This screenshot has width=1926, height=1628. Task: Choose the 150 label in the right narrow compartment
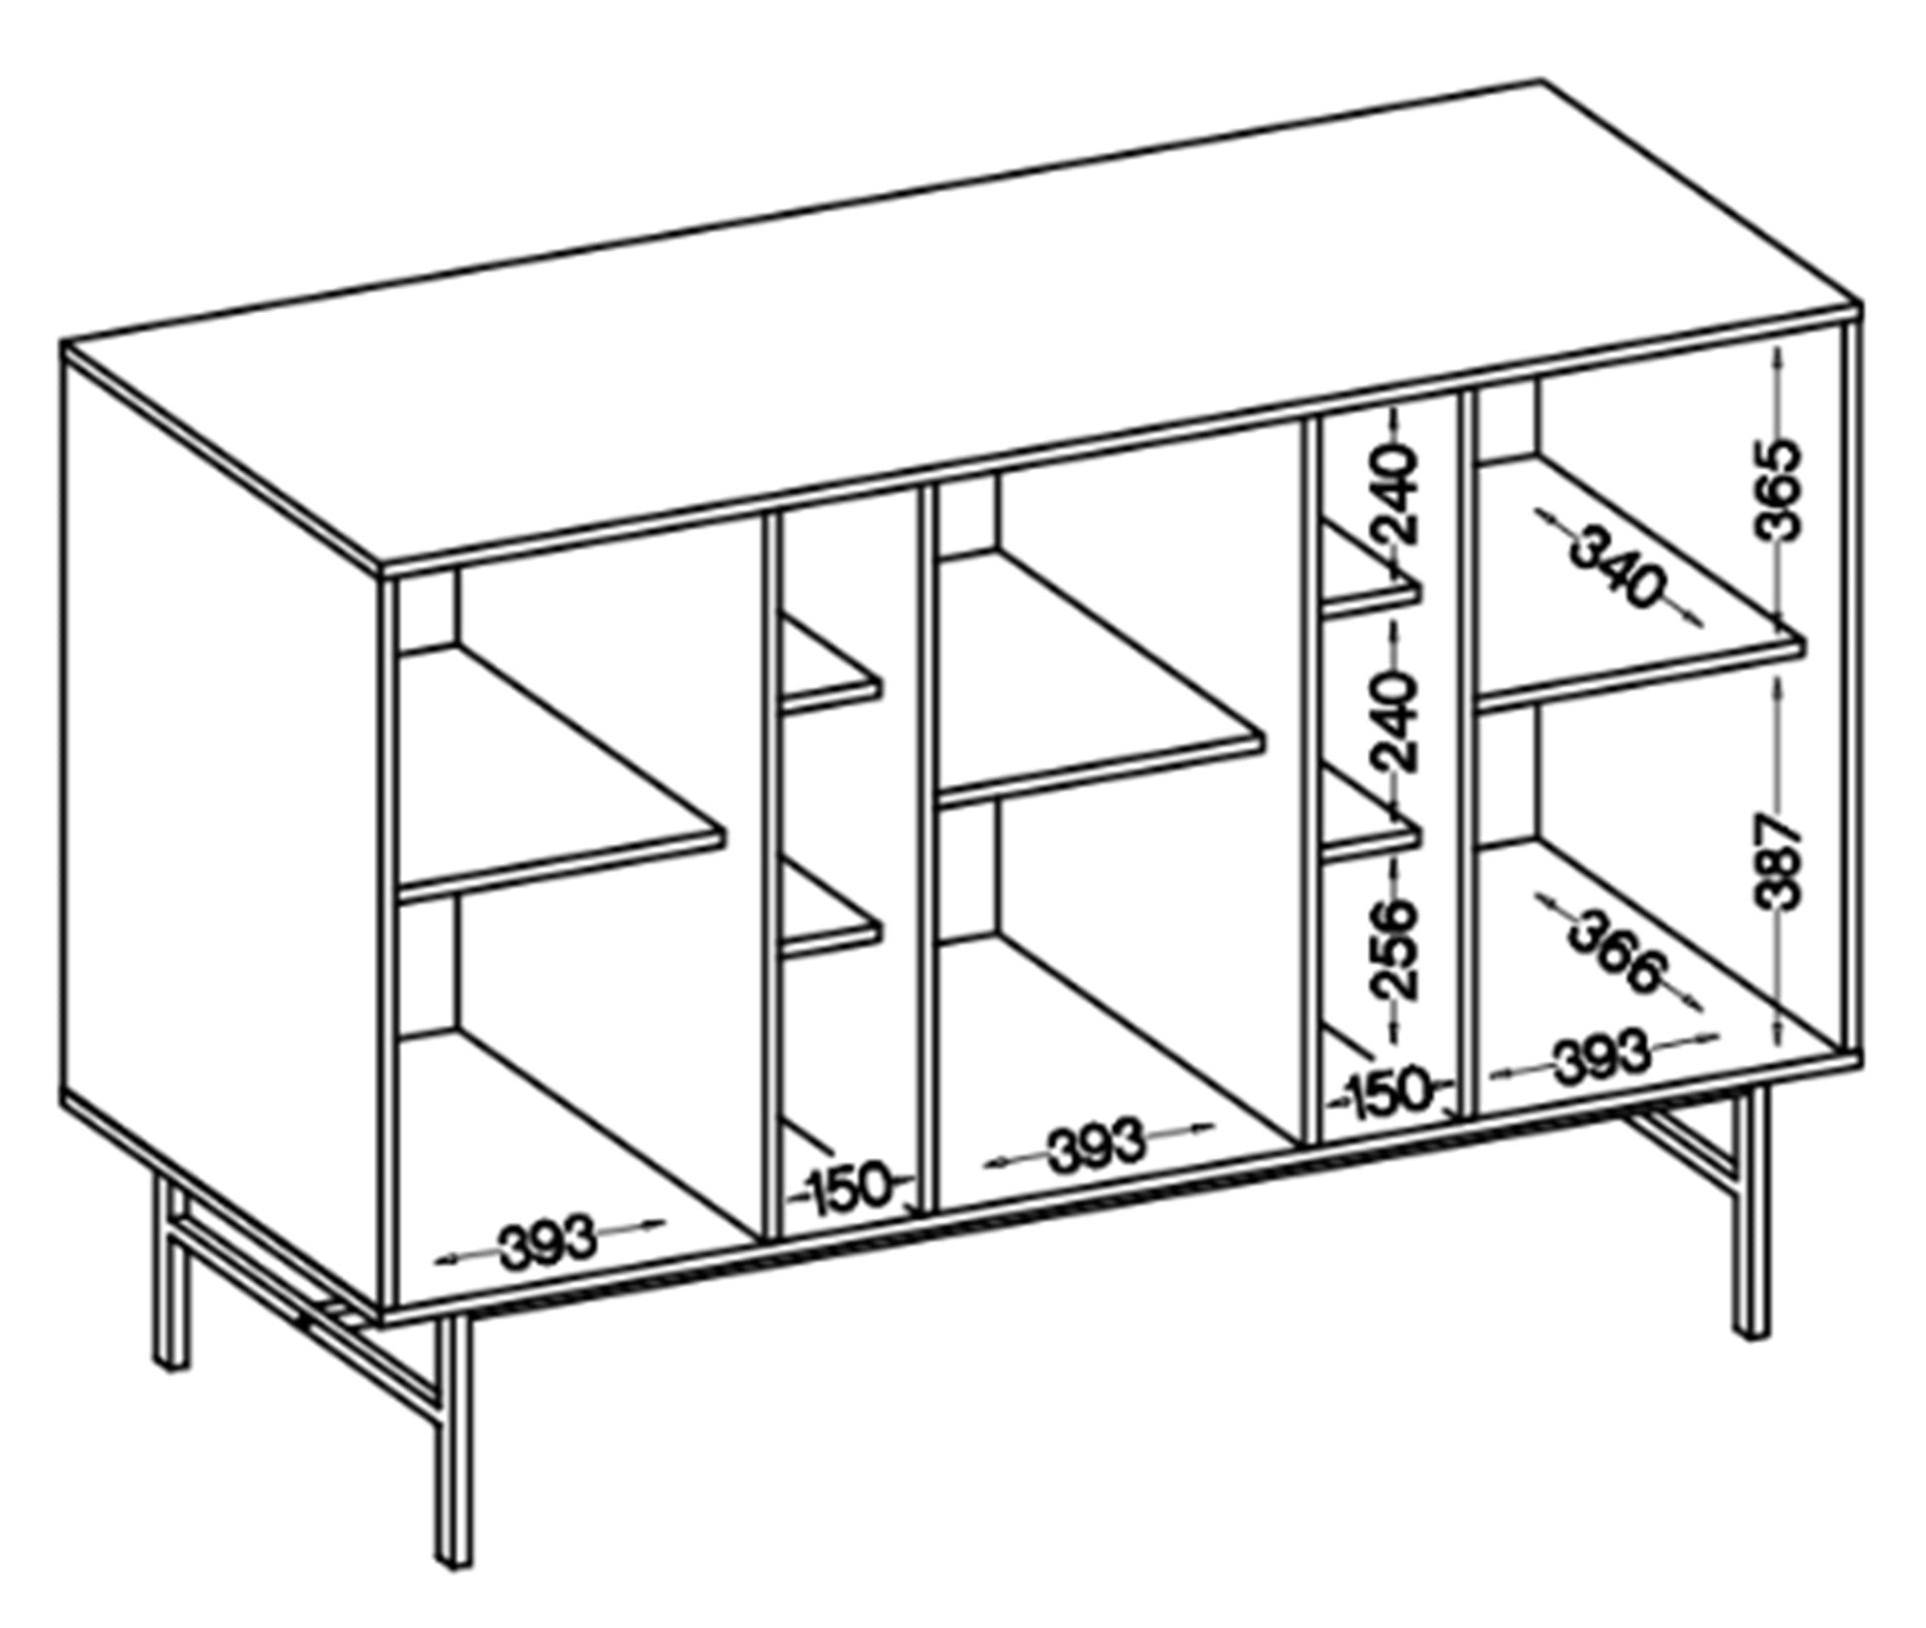pyautogui.click(x=1388, y=1092)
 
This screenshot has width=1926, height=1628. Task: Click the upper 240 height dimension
pyautogui.click(x=1395, y=496)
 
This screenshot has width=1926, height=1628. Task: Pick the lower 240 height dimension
pyautogui.click(x=1395, y=722)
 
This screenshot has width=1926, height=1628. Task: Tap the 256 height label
pyautogui.click(x=1395, y=949)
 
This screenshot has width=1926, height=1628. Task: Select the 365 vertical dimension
pyautogui.click(x=1779, y=490)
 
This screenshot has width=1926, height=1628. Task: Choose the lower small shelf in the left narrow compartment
pyautogui.click(x=831, y=908)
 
